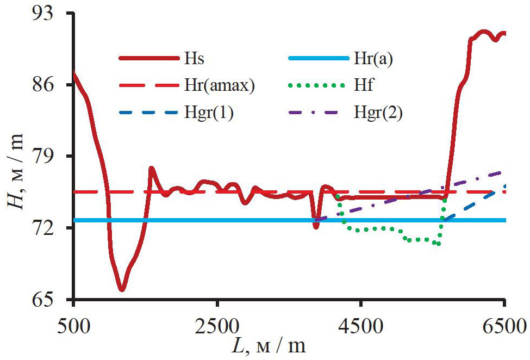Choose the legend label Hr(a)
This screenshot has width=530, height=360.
373,59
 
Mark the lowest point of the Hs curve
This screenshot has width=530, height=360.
122,289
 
